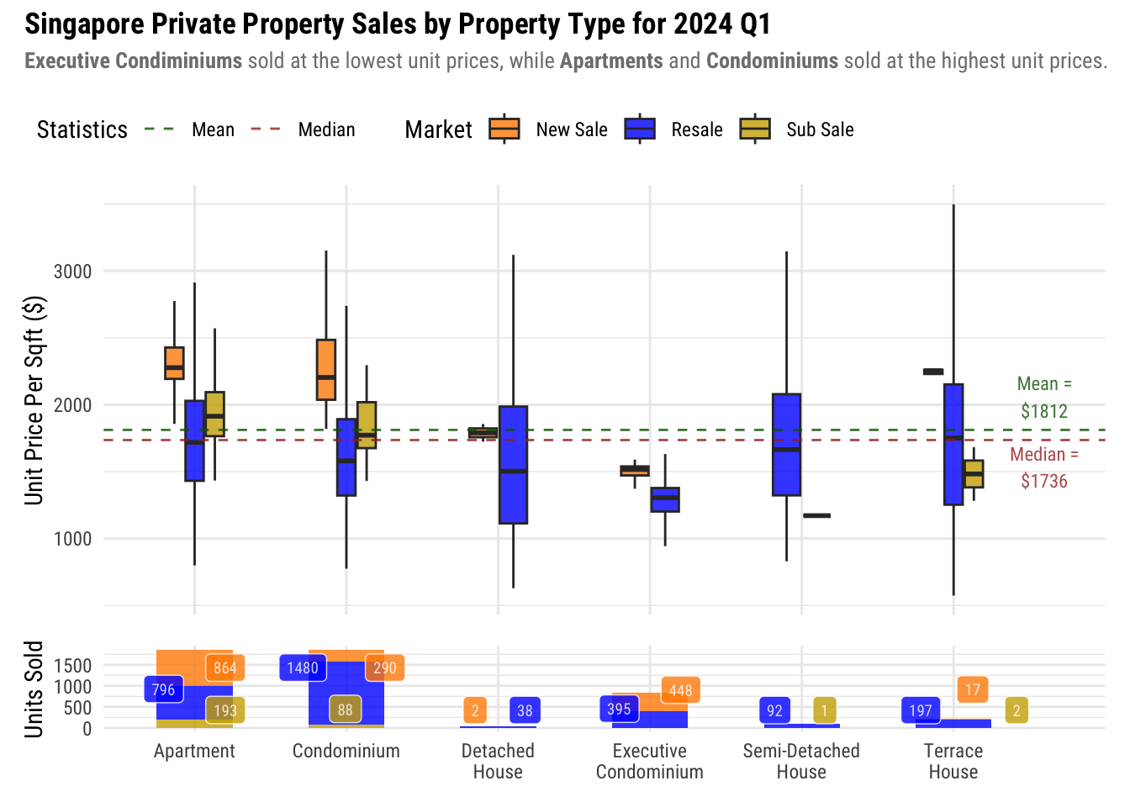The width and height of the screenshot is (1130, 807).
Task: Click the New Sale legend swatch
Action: (x=504, y=129)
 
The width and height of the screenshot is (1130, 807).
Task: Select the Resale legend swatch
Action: (x=640, y=129)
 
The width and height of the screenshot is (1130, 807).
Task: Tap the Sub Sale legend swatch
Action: (x=755, y=129)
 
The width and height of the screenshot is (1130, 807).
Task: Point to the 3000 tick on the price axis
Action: (x=72, y=272)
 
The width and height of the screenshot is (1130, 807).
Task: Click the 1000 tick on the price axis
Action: (x=72, y=539)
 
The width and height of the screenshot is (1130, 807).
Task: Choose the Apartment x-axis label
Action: (x=194, y=751)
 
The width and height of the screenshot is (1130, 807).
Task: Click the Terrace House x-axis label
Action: (x=953, y=761)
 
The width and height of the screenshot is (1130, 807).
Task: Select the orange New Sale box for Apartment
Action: (x=174, y=363)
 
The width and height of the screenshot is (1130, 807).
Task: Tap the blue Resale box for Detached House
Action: (x=513, y=465)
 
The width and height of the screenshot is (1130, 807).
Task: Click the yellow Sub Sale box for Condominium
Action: (x=367, y=425)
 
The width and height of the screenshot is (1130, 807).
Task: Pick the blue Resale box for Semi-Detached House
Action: (x=786, y=445)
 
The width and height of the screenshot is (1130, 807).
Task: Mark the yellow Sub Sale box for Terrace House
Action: (x=974, y=473)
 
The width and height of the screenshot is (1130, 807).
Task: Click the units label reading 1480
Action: (x=303, y=668)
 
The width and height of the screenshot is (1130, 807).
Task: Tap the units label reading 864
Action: (x=224, y=668)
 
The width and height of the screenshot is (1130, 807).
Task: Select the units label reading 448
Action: (x=680, y=691)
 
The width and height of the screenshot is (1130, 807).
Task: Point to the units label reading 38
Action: (x=525, y=710)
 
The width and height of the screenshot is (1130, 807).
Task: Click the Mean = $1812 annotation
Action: (x=1044, y=398)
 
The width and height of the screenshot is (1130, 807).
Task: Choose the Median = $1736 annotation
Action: (x=1044, y=467)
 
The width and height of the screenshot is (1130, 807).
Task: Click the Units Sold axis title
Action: (x=34, y=689)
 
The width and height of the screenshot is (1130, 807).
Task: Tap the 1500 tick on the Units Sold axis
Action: (x=74, y=666)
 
